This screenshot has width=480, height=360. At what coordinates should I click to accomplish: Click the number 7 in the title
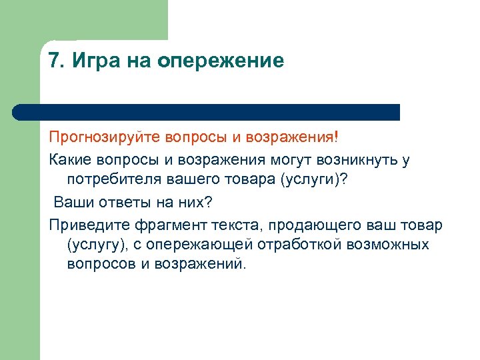point(55,61)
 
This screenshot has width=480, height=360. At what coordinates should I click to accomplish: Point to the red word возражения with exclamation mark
point(293,138)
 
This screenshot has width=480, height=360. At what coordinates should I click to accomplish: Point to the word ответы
point(120,201)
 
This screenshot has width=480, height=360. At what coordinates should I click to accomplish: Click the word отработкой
point(301,244)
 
